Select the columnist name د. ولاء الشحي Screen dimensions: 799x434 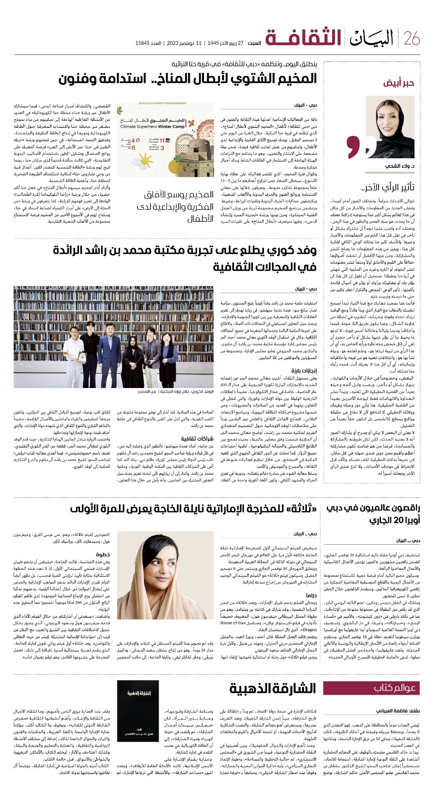397,165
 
